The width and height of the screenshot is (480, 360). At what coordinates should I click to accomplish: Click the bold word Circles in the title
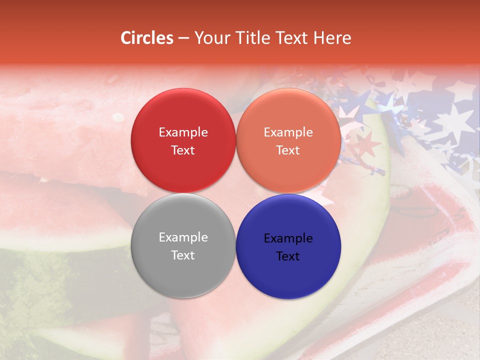click(146, 38)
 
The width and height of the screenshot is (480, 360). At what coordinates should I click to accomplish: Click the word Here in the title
click(333, 38)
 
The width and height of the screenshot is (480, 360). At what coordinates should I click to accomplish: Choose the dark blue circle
click(288, 275)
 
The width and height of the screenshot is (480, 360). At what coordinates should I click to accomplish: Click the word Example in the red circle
click(183, 132)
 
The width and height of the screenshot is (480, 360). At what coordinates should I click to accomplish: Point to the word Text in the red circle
click(183, 150)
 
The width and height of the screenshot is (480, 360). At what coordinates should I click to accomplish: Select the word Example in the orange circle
click(288, 132)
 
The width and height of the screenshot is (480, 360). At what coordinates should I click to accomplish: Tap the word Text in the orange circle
click(288, 150)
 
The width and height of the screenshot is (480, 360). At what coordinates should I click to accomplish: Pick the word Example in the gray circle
click(183, 237)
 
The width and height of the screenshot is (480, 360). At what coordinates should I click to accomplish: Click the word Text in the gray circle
click(183, 255)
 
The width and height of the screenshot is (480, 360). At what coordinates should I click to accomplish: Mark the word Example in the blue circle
click(288, 238)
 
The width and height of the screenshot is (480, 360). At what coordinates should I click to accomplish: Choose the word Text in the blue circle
click(288, 256)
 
